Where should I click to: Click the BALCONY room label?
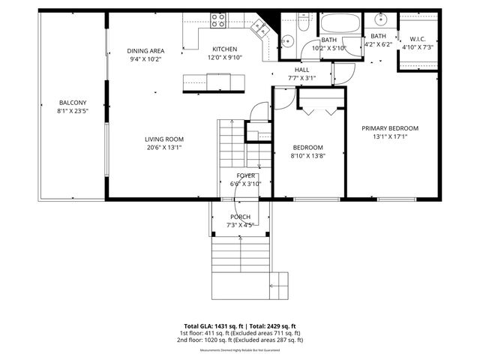pyautogui.click(x=73, y=103)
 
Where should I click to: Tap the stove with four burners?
pyautogui.click(x=218, y=21)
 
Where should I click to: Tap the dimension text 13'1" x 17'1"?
pyautogui.click(x=390, y=137)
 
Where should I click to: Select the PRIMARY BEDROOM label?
pyautogui.click(x=390, y=128)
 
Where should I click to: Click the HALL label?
pyautogui.click(x=301, y=69)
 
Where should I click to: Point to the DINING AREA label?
pyautogui.click(x=145, y=51)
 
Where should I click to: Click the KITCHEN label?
pyautogui.click(x=224, y=49)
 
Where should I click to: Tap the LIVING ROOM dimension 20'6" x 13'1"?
pyautogui.click(x=164, y=148)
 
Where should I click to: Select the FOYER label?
pyautogui.click(x=246, y=175)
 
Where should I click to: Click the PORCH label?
pyautogui.click(x=240, y=217)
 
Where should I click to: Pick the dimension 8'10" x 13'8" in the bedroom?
pyautogui.click(x=307, y=156)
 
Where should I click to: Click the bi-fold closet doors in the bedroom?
pyautogui.click(x=322, y=109)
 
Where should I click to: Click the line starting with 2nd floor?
pyautogui.click(x=240, y=340)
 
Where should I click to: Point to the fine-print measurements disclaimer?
pyautogui.click(x=240, y=350)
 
